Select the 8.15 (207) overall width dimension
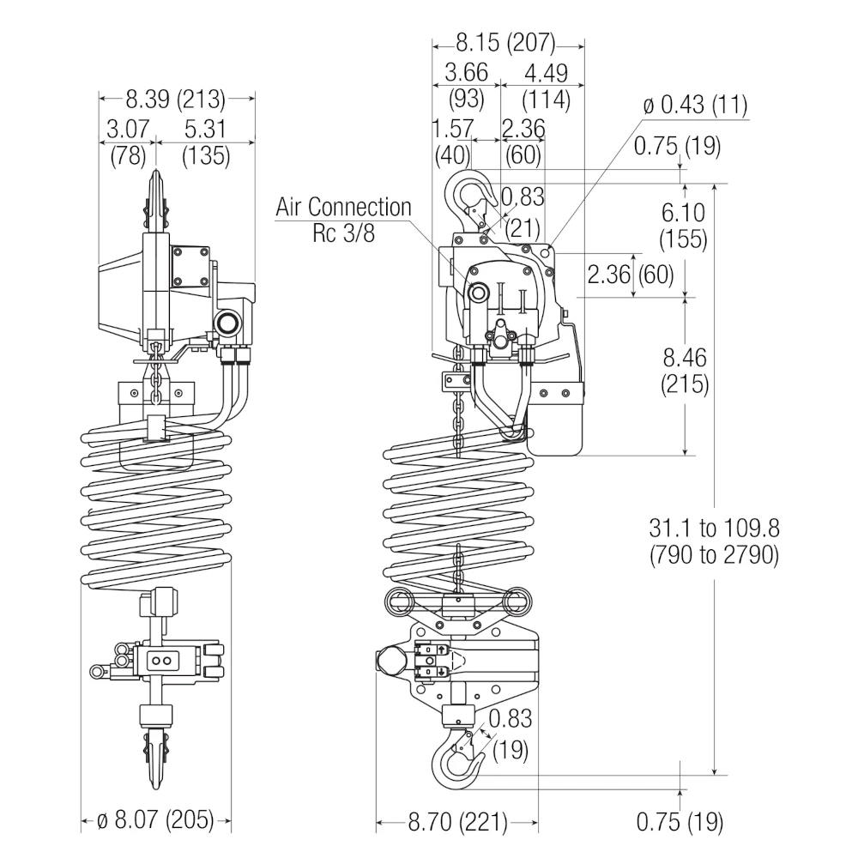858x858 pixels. (x=505, y=42)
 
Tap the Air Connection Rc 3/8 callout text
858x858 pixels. (x=344, y=220)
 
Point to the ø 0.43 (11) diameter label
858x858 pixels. (x=696, y=106)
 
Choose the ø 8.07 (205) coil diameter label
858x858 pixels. (x=155, y=820)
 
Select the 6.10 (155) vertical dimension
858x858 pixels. (x=684, y=226)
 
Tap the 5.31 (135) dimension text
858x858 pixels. (x=206, y=142)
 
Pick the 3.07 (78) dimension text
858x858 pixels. (x=127, y=142)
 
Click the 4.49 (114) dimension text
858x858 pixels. (x=546, y=85)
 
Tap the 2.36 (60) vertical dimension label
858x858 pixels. (x=631, y=275)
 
